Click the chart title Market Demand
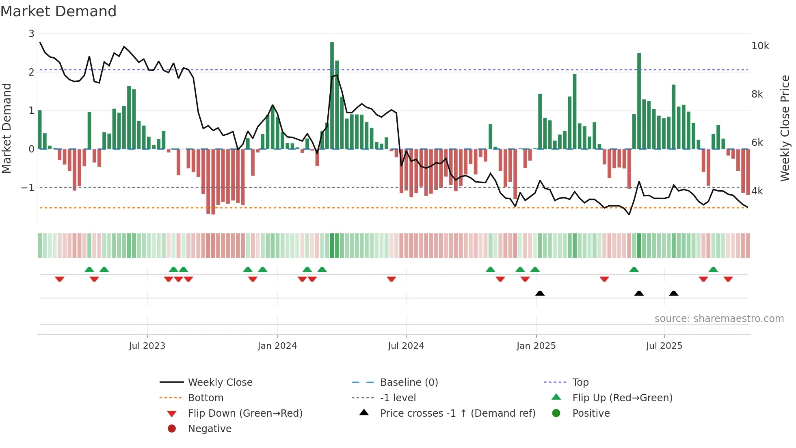pyautogui.click(x=58, y=11)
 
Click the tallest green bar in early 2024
pyautogui.click(x=332, y=96)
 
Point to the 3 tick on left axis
pyautogui.click(x=31, y=34)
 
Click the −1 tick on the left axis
pyautogui.click(x=28, y=188)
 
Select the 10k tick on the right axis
pyautogui.click(x=760, y=46)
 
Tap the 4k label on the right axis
pyautogui.click(x=757, y=191)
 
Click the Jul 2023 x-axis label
pyautogui.click(x=147, y=346)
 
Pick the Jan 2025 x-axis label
pyautogui.click(x=536, y=346)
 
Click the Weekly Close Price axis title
pyautogui.click(x=785, y=128)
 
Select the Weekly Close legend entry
pyautogui.click(x=220, y=383)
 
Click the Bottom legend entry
pyautogui.click(x=205, y=398)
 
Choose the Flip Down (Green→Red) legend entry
pyautogui.click(x=245, y=413)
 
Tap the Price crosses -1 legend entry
pyautogui.click(x=457, y=413)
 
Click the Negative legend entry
pyautogui.click(x=210, y=429)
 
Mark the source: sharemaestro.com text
pyautogui.click(x=719, y=319)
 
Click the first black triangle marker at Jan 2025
pyautogui.click(x=540, y=293)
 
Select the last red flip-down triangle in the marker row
pyautogui.click(x=728, y=279)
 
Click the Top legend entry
pyautogui.click(x=580, y=383)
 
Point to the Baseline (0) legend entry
pyautogui.click(x=409, y=383)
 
